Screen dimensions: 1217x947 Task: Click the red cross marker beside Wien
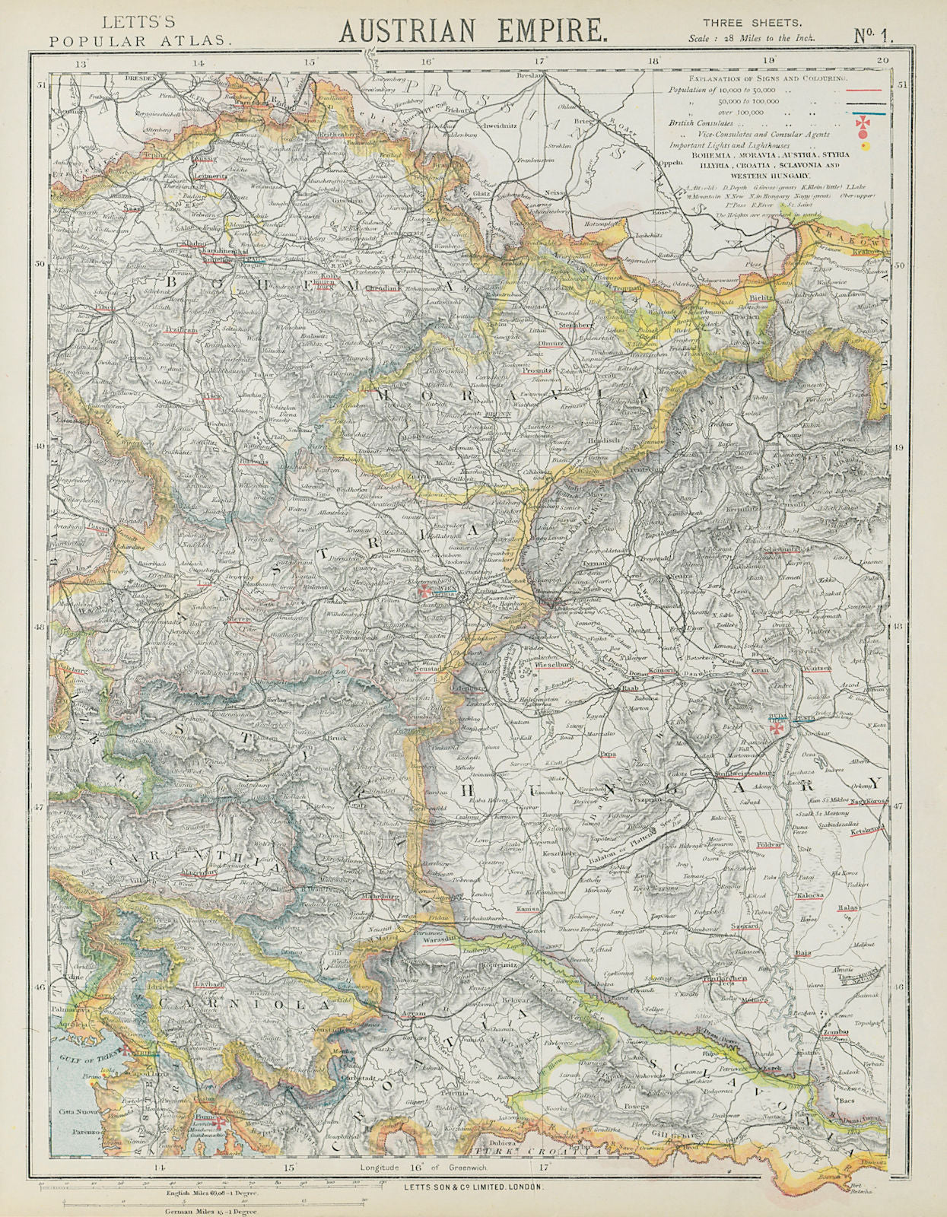[423, 590]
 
